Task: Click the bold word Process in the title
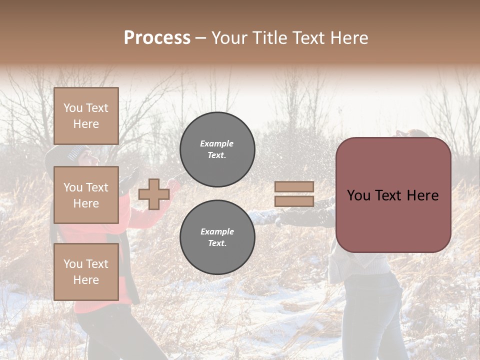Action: tap(157, 38)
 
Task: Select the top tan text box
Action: tap(86, 116)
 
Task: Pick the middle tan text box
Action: tap(86, 195)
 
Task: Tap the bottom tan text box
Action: tap(86, 271)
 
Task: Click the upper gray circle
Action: tap(217, 149)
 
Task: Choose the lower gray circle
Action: tap(217, 237)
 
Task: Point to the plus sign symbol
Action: tap(153, 194)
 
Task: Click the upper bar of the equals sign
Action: tap(294, 187)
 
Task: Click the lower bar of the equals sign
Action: tap(294, 201)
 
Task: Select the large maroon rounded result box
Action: tap(393, 195)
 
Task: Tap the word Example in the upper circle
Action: tap(217, 143)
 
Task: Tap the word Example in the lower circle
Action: tap(217, 231)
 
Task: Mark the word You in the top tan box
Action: tap(73, 108)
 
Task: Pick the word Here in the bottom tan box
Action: tap(86, 280)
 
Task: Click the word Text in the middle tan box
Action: tap(96, 187)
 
